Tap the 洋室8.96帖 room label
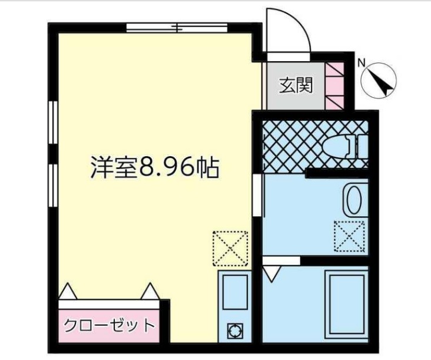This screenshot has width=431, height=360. [155, 169]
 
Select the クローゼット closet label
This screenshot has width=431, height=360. [109, 325]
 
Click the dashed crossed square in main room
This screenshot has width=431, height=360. [230, 247]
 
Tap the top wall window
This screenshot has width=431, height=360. [177, 27]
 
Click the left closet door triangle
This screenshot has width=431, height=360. [68, 291]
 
